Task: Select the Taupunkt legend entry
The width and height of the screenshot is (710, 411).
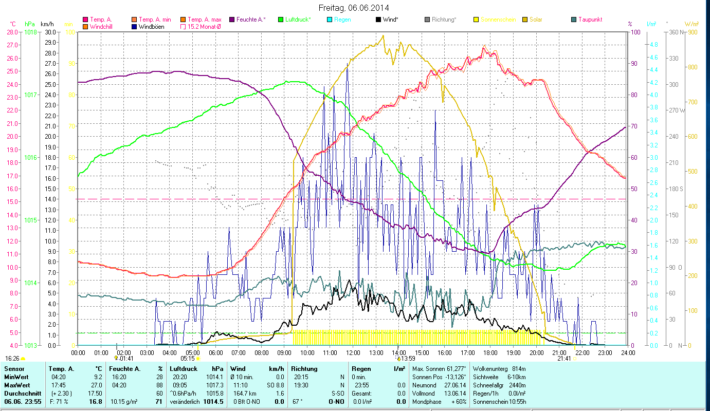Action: [590, 20]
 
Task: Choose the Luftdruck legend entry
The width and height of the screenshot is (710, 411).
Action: [295, 20]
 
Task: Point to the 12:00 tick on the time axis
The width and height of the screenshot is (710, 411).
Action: [353, 353]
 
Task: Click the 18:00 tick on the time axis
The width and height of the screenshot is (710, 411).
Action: [490, 353]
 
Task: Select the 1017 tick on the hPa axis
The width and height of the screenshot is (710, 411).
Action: [30, 95]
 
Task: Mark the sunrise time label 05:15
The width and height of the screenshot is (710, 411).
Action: [188, 359]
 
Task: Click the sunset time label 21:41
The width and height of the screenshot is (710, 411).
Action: [564, 359]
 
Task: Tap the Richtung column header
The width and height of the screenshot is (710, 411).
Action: [304, 368]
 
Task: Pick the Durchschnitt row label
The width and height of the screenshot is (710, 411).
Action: [20, 393]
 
